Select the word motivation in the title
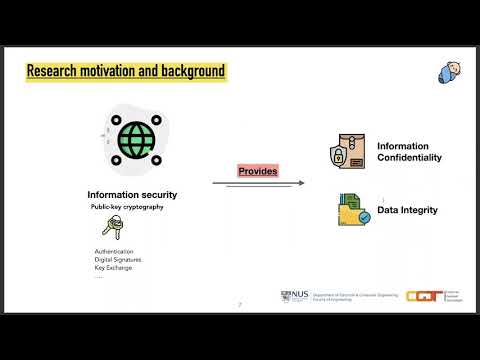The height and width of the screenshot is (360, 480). pyautogui.click(x=116, y=71)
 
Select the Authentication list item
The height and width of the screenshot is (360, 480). pyautogui.click(x=114, y=251)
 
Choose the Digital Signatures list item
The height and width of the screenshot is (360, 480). pyautogui.click(x=118, y=260)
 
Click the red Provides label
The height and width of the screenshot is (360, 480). pyautogui.click(x=257, y=172)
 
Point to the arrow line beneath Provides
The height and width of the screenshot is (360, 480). pyautogui.click(x=258, y=184)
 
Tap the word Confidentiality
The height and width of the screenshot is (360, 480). pyautogui.click(x=409, y=158)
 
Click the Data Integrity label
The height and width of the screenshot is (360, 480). pyautogui.click(x=408, y=211)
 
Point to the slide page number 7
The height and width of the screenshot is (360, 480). pyautogui.click(x=239, y=304)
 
